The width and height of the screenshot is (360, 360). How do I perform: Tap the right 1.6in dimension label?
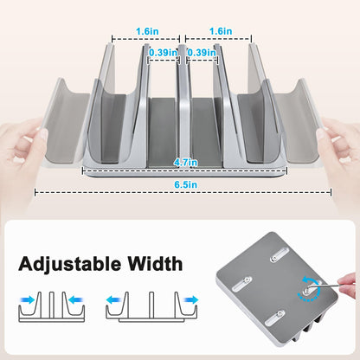[x=222, y=30]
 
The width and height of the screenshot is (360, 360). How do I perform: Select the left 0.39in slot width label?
[x=162, y=52]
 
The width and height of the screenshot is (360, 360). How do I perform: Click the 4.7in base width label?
[x=182, y=162]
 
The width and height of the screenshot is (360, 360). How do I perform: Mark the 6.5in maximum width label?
[x=183, y=184]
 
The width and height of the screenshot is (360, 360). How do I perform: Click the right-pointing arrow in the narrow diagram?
[x=28, y=299]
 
